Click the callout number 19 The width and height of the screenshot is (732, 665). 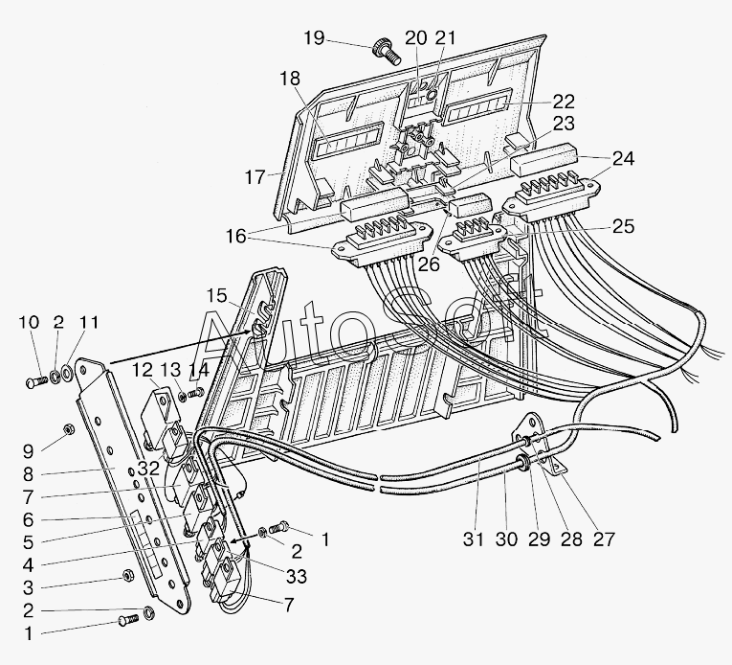(x=314, y=37)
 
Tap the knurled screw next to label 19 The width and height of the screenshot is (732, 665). (x=387, y=54)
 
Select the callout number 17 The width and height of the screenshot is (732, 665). (x=255, y=177)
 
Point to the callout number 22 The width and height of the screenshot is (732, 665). (x=564, y=102)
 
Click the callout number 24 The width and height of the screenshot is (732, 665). (x=623, y=158)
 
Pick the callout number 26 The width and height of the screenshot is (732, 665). (x=429, y=264)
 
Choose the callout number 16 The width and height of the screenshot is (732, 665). (x=235, y=236)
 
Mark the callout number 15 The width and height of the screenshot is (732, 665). (x=216, y=295)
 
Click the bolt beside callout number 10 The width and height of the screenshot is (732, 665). (x=36, y=382)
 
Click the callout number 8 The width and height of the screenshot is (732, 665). (x=28, y=474)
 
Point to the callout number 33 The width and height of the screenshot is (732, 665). (x=297, y=576)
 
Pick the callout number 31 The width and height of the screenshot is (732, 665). (x=474, y=539)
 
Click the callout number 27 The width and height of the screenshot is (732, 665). (x=604, y=539)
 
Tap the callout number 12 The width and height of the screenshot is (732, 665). (x=142, y=370)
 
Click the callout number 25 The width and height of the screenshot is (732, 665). (x=624, y=226)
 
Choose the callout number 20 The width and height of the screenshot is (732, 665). (x=416, y=37)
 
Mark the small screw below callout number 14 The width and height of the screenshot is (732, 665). (x=195, y=394)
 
